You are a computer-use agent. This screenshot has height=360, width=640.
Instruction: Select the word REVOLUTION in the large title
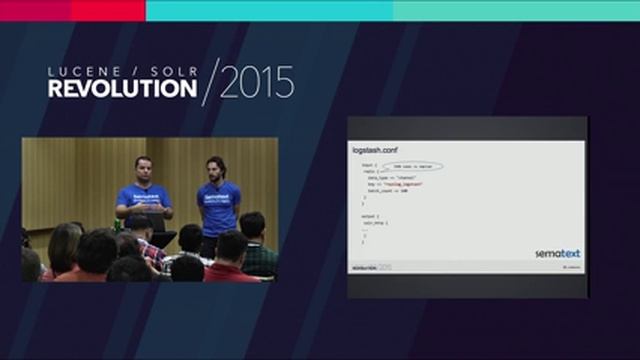pos(122,89)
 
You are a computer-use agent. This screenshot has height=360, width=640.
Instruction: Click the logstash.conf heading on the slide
pos(376,149)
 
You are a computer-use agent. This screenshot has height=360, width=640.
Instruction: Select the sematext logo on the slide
pos(557,253)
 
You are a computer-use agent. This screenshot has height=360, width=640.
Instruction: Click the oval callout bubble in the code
pos(410,166)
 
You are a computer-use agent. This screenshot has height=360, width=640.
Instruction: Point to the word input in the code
pos(367,165)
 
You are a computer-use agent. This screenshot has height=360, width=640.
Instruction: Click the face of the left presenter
pos(142,166)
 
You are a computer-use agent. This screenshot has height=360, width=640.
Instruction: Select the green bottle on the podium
pos(118,225)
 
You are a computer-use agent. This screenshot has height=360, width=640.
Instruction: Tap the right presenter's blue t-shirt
pos(219,205)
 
